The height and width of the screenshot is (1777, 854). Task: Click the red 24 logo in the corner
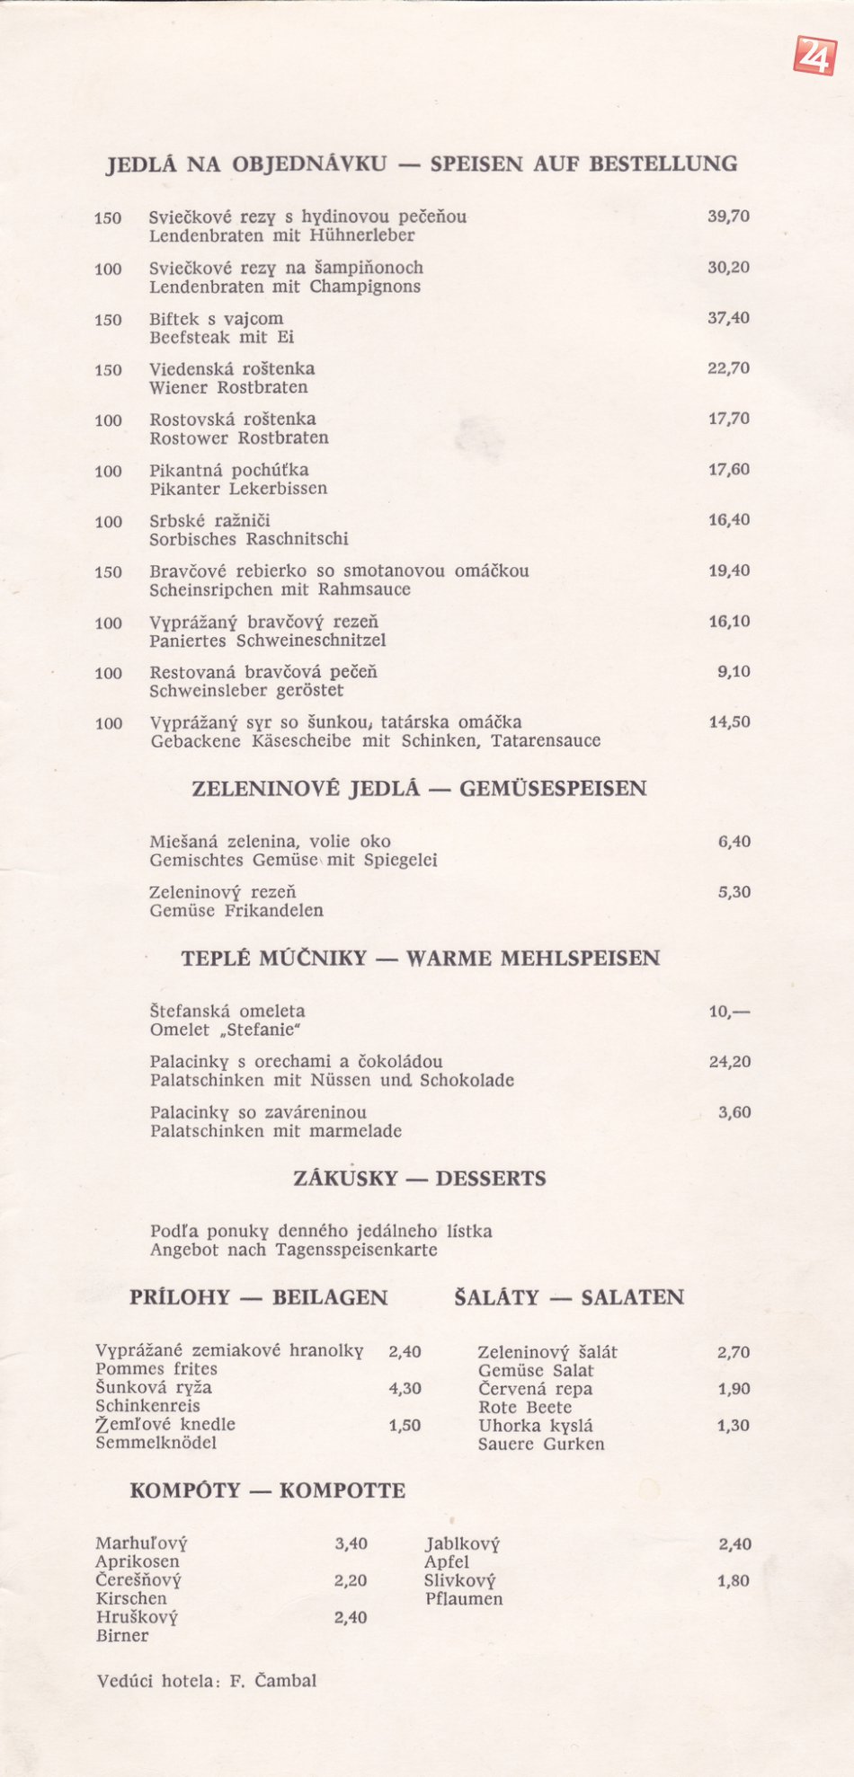814,56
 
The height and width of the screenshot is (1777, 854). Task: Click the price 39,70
728,217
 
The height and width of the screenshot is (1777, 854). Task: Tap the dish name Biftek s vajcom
216,319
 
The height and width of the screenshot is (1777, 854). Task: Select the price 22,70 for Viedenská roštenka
728,368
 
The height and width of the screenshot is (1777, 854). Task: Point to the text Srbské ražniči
209,521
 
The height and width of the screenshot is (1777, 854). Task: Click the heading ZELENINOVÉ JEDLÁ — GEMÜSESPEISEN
419,789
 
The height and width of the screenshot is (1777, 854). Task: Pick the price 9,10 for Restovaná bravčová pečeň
734,672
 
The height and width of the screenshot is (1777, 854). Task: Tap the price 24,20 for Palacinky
729,1062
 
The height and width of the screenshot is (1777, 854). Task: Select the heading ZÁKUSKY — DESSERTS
419,1179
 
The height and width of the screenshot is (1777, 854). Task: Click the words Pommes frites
156,1369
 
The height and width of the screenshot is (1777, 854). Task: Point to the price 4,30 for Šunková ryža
405,1388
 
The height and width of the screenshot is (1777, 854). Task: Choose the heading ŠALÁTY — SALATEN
569,1297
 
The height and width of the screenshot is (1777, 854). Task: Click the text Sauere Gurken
541,1445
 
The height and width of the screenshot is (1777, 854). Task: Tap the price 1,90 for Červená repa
734,1389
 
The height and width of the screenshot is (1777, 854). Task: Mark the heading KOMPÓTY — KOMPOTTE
267,1491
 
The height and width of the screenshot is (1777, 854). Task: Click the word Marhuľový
141,1544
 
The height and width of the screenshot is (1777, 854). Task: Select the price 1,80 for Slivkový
734,1581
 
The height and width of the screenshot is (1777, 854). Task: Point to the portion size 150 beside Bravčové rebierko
108,572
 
